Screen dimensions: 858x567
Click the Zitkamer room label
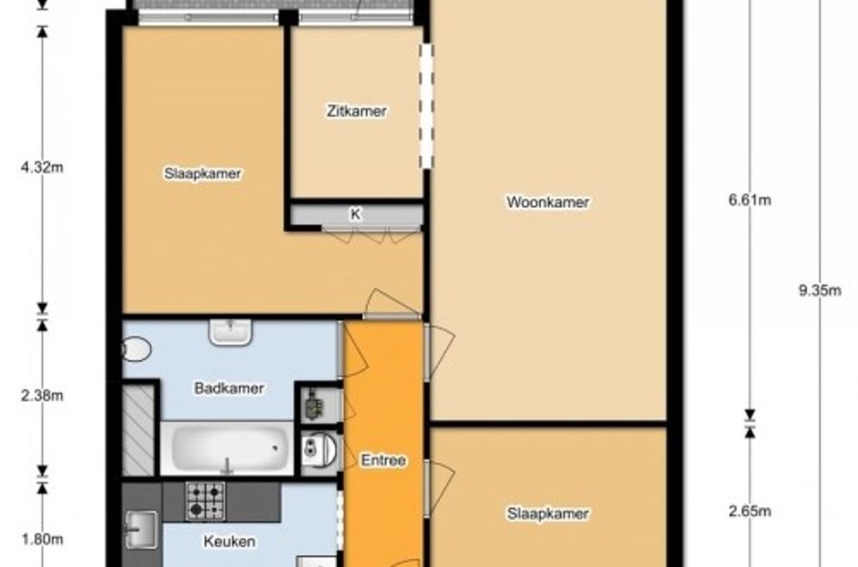tap(356, 111)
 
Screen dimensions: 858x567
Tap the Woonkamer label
tap(547, 201)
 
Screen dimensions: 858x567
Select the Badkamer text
tap(229, 388)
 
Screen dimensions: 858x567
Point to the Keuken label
tap(230, 542)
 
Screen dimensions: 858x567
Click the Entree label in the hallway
tap(383, 460)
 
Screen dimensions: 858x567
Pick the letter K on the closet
tap(356, 214)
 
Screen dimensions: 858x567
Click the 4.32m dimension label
tap(42, 167)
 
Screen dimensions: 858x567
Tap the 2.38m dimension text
tap(42, 396)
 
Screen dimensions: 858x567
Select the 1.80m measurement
tap(42, 539)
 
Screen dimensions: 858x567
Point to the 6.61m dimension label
tap(750, 200)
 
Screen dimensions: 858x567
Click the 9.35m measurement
tap(820, 290)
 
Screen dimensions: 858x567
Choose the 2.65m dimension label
tap(750, 512)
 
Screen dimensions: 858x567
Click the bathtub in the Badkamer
tap(227, 448)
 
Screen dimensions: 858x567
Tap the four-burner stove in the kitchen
tap(205, 501)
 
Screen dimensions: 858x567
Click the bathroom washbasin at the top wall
tap(231, 332)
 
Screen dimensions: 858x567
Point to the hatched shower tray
tap(137, 430)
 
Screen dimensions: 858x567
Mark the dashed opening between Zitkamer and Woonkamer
tap(426, 106)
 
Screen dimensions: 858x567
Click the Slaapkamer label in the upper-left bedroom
tap(202, 173)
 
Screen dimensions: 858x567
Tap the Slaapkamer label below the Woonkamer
tap(547, 513)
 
